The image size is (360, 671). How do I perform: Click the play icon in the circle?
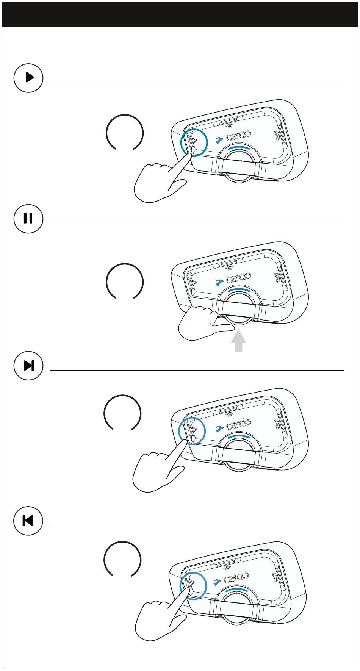[28, 78]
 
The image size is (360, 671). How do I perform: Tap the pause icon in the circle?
[28, 219]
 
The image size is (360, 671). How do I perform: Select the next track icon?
[28, 366]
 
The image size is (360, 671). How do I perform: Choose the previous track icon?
[28, 521]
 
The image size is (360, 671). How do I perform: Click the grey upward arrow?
[238, 341]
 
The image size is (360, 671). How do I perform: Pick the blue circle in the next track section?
[192, 431]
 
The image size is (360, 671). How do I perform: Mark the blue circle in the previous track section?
[193, 586]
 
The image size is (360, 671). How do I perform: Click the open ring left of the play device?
[125, 133]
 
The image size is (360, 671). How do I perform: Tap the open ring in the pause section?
[125, 282]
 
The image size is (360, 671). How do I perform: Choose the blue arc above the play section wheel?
[236, 147]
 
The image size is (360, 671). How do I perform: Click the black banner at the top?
[180, 14]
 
